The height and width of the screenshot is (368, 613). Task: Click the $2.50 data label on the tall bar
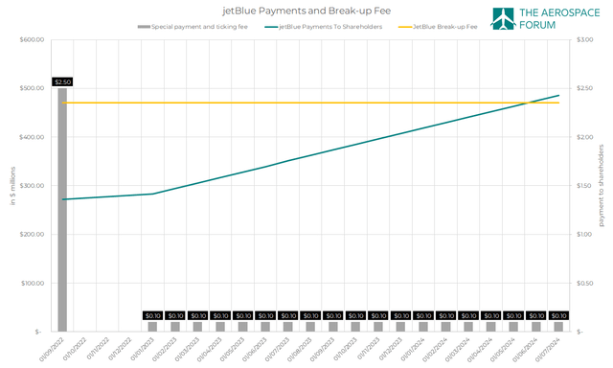click(62, 82)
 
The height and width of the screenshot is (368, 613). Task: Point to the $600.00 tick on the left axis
click(33, 39)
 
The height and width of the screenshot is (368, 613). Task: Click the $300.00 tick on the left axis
click(33, 186)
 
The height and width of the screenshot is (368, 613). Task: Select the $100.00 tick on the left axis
click(33, 283)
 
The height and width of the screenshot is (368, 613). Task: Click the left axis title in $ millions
click(11, 185)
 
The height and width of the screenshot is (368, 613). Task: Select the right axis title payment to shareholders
click(602, 185)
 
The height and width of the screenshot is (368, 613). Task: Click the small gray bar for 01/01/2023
click(152, 327)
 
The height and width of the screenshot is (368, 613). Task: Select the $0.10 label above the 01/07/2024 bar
click(558, 315)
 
